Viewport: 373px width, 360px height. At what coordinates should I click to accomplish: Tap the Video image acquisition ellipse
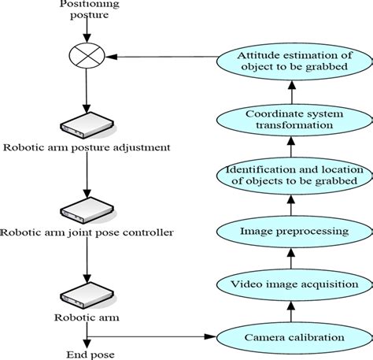point(290,284)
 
